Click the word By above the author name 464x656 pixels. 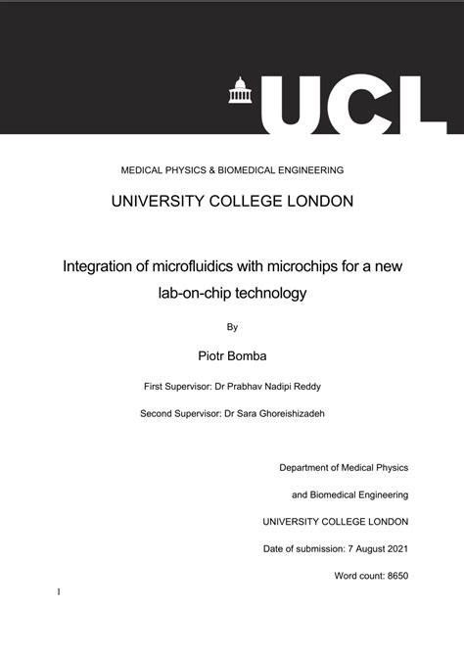pyautogui.click(x=232, y=327)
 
